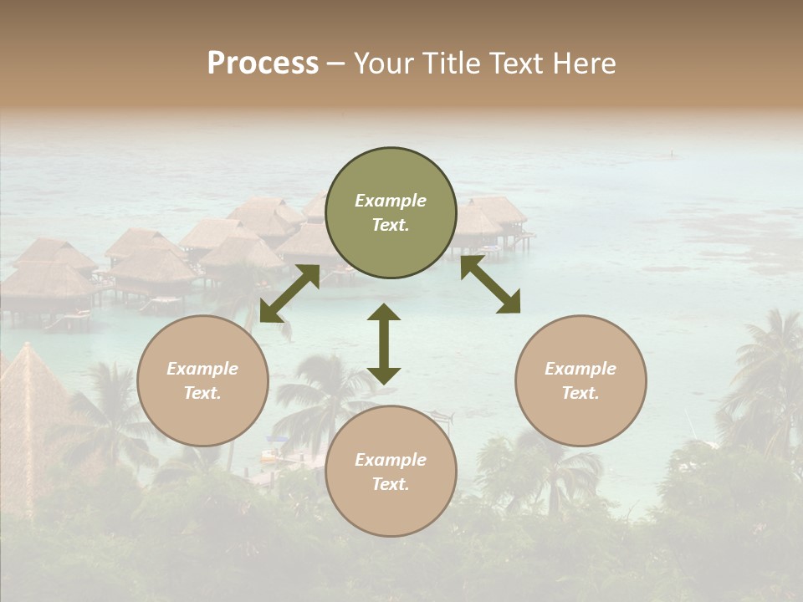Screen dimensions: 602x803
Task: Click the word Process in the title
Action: pyautogui.click(x=263, y=64)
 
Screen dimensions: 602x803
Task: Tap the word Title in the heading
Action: pyautogui.click(x=448, y=64)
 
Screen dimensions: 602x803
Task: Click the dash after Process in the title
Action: pyautogui.click(x=335, y=64)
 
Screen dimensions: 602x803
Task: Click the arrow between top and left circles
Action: pyautogui.click(x=289, y=293)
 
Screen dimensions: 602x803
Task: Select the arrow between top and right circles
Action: pyautogui.click(x=490, y=284)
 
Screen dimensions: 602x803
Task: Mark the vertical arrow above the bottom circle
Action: pyautogui.click(x=384, y=344)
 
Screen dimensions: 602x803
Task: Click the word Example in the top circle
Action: pyautogui.click(x=391, y=201)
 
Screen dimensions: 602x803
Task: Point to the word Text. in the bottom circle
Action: pyautogui.click(x=391, y=484)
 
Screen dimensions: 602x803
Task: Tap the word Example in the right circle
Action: pyautogui.click(x=581, y=369)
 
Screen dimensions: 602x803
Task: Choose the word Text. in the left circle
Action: pyautogui.click(x=202, y=393)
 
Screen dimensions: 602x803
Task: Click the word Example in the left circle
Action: pyautogui.click(x=202, y=369)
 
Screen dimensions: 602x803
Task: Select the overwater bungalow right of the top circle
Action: pyautogui.click(x=494, y=222)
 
